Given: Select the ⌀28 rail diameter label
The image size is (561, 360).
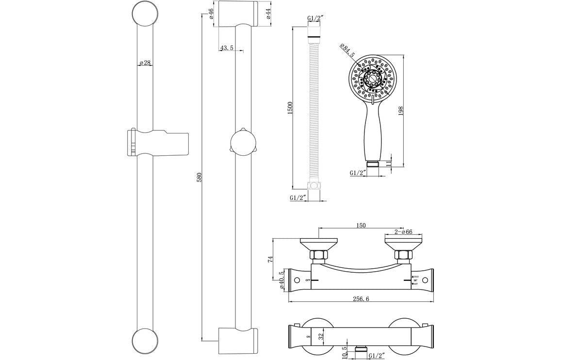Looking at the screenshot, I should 145,63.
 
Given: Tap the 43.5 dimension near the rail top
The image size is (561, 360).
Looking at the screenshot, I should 226,48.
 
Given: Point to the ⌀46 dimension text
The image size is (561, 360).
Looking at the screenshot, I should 211,14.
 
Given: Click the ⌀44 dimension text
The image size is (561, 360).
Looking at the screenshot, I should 268,14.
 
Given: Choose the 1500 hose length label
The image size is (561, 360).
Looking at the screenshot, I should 290,108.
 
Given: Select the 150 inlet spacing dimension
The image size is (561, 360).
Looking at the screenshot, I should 361,225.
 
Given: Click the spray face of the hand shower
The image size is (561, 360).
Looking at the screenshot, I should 372,77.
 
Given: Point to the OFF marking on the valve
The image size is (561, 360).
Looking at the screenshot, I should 308,281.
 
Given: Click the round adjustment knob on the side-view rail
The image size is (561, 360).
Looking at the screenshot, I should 241,143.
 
